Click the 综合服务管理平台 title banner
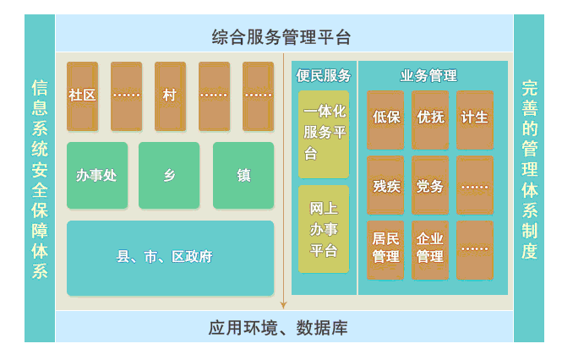coord(281,37)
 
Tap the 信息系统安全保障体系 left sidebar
coord(40,178)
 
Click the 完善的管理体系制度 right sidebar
coord(529,178)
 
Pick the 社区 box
coord(82,95)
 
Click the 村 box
coord(170,95)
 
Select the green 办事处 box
coord(96,176)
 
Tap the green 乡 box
coord(169,176)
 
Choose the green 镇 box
coord(243,176)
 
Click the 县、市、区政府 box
coord(169,258)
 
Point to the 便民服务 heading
coord(323,75)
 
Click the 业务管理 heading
coord(428,75)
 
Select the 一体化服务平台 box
coord(324,134)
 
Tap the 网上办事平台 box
coord(324,229)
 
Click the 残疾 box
coord(385,185)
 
